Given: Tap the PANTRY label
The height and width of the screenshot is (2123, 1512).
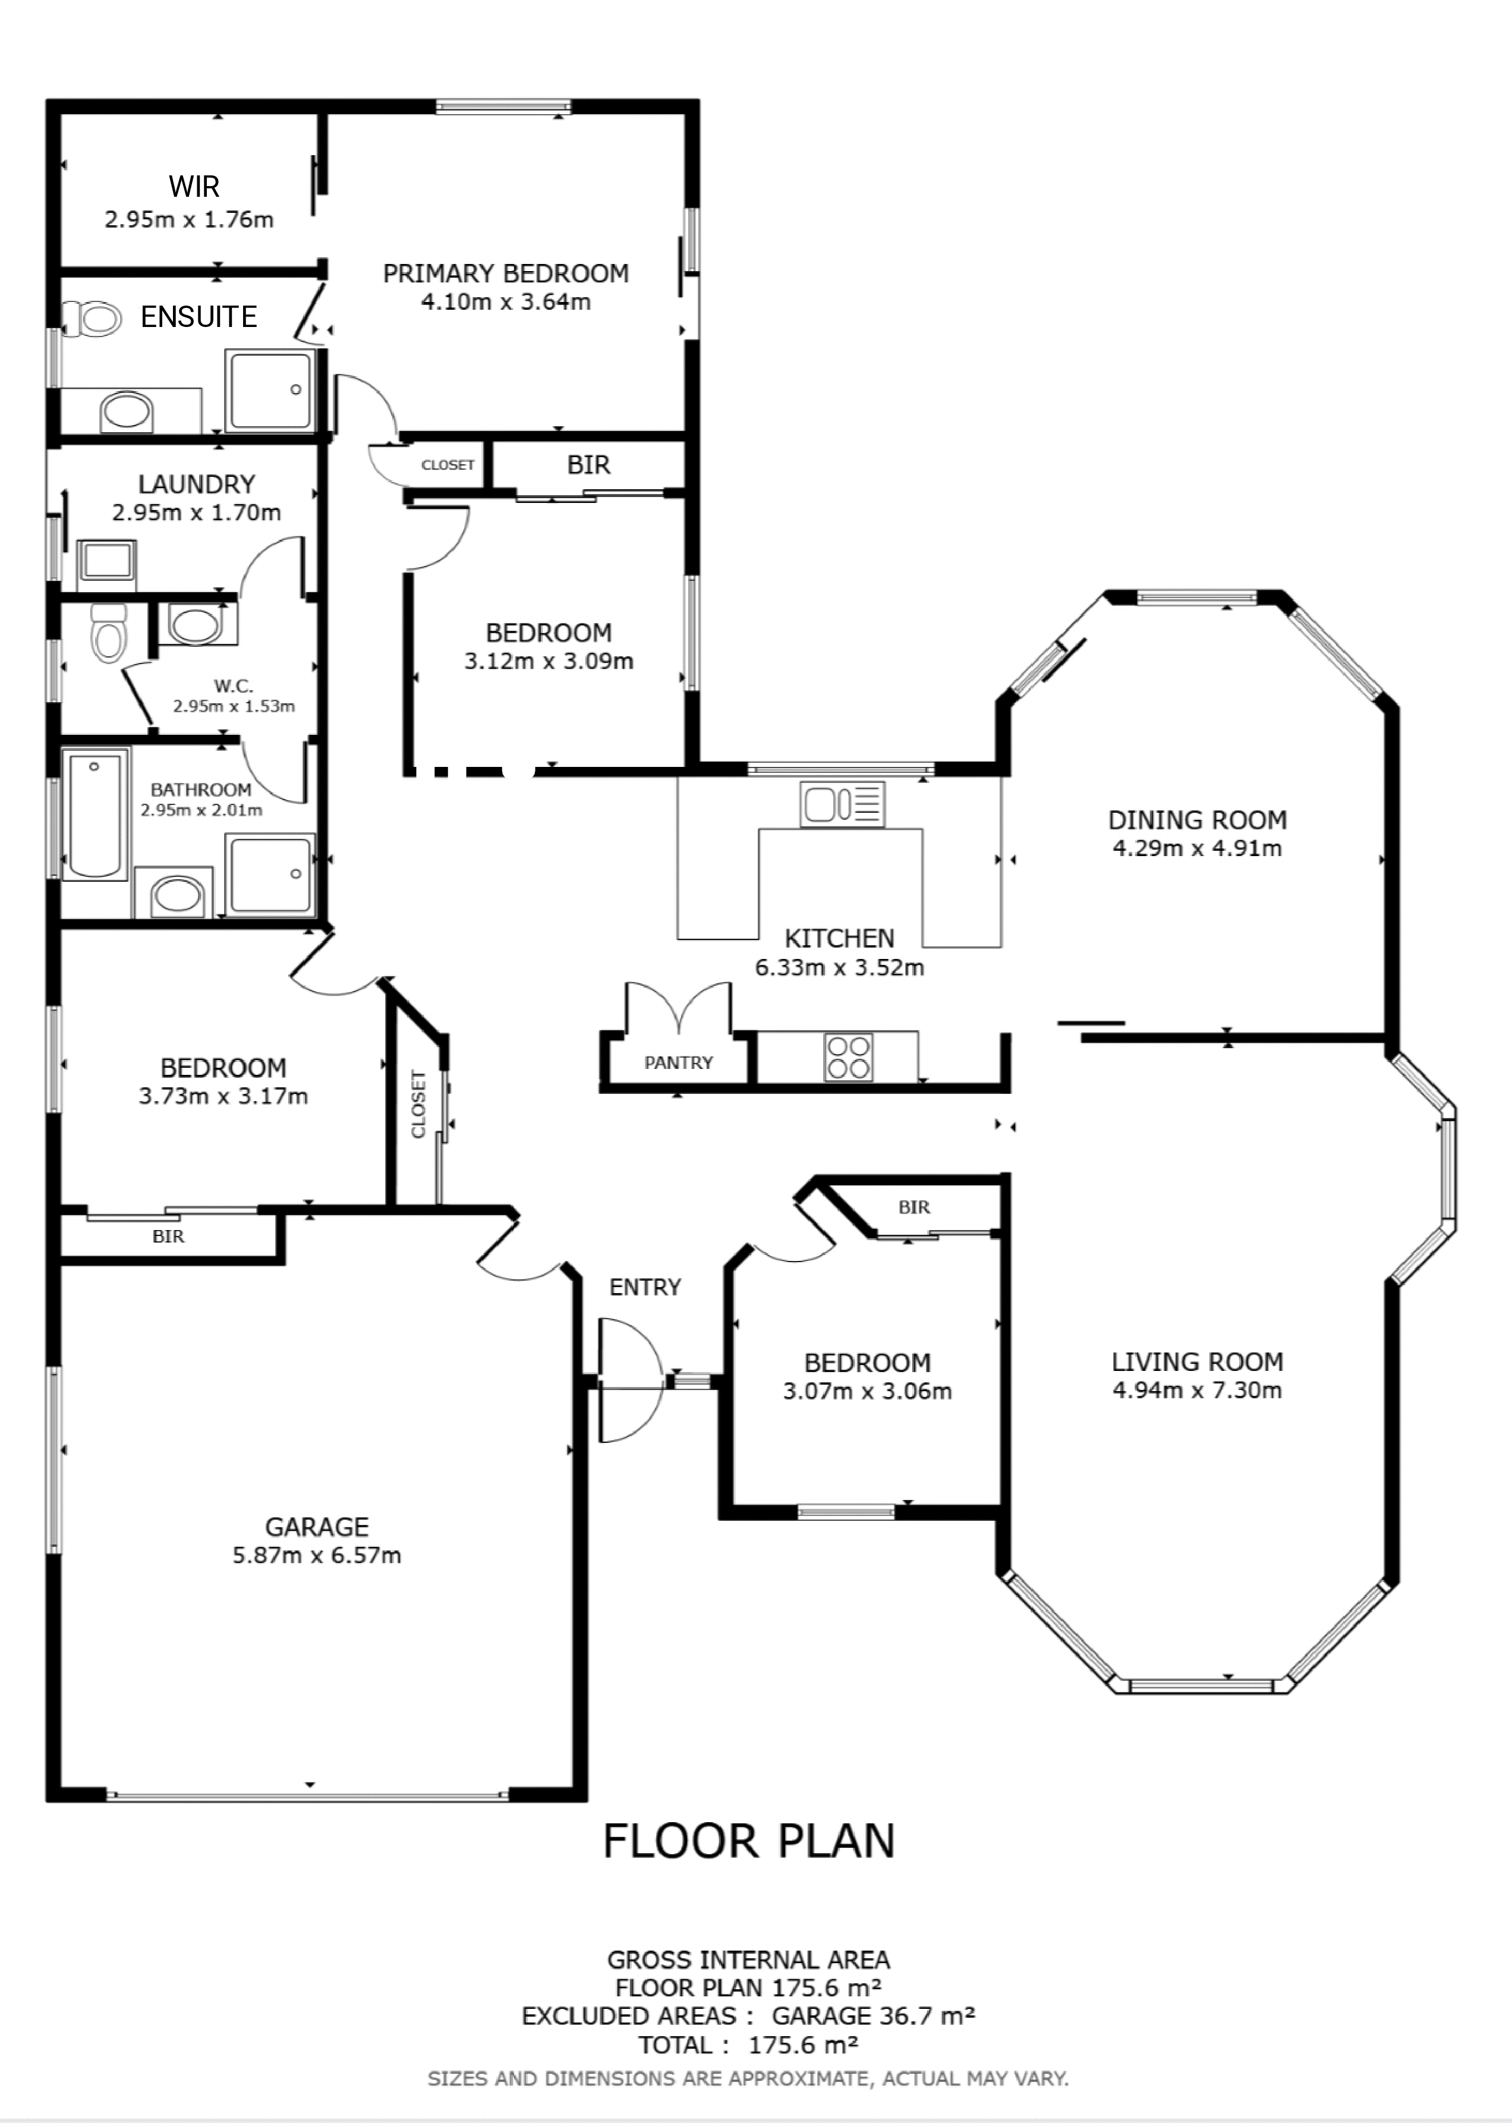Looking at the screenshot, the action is coord(679,1062).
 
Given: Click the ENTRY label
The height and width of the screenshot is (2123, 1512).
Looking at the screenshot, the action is coord(645,1287).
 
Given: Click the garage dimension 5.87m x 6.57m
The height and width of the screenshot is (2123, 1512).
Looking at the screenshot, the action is coord(317,1555).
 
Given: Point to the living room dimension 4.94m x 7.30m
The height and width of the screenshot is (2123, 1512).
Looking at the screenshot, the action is coord(1198,1390).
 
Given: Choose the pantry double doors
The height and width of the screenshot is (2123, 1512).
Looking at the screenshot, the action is coord(679,1006).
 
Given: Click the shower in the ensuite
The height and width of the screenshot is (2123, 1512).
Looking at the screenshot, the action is coord(271,390).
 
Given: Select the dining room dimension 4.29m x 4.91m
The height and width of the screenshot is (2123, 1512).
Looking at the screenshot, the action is coord(1198,848).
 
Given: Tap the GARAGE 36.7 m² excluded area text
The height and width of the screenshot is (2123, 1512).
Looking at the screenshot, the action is coord(873,2016).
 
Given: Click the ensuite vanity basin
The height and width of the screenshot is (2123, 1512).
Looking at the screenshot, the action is coord(127,411).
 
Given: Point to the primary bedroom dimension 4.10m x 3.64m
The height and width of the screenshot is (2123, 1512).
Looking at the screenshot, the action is coord(506,301).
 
